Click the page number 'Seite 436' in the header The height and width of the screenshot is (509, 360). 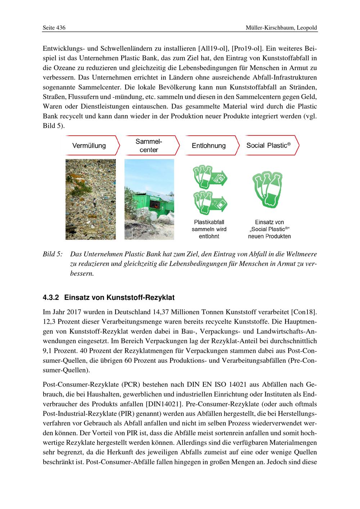[54, 28]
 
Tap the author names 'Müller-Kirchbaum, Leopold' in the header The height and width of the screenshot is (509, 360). [282, 28]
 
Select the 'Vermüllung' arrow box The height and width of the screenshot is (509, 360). [90, 146]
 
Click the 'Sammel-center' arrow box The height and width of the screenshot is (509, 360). [149, 146]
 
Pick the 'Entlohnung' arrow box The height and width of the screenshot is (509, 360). [210, 146]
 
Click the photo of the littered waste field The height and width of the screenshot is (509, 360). [90, 199]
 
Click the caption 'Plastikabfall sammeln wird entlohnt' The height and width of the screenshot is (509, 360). [209, 229]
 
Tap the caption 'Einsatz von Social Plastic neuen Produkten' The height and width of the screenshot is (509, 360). [269, 229]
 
